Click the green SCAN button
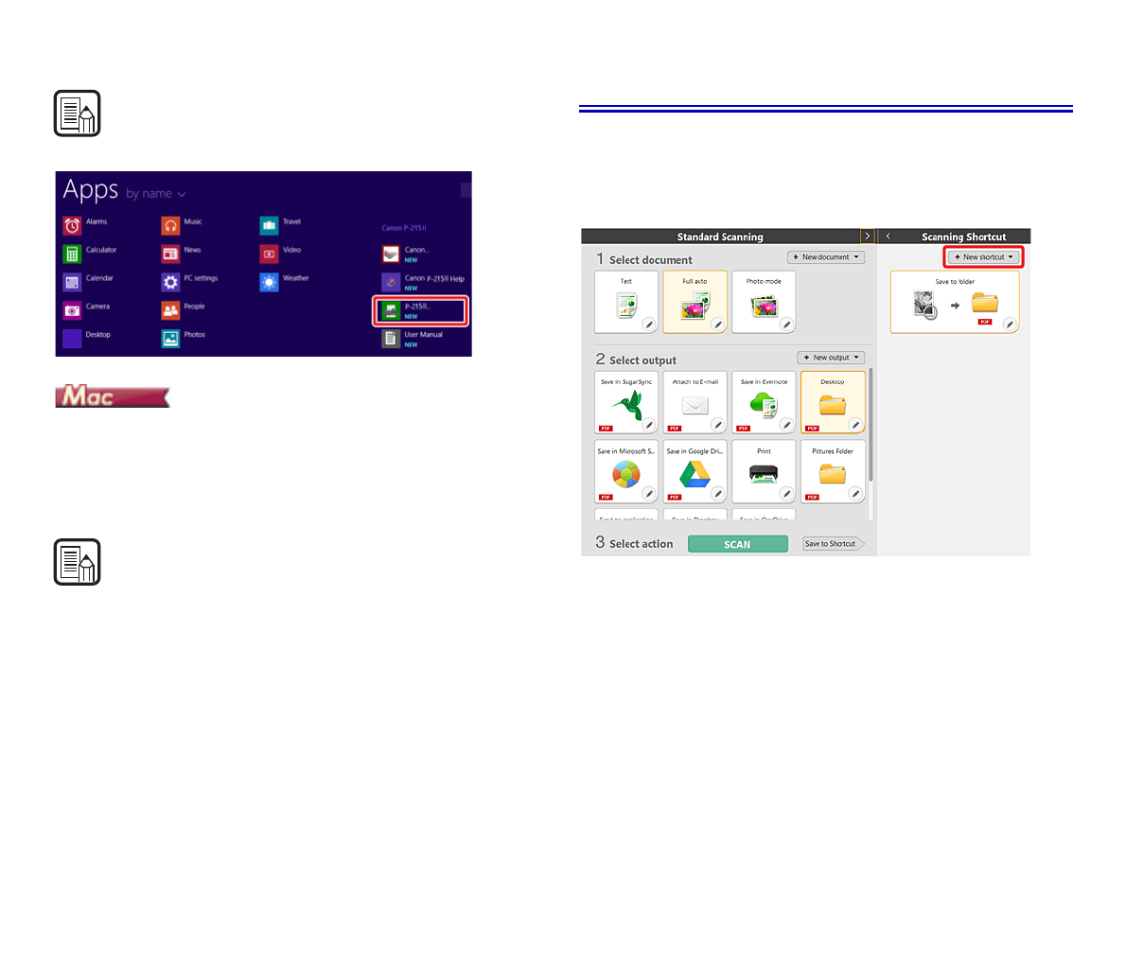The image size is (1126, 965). click(737, 544)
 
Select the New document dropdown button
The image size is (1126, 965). click(826, 257)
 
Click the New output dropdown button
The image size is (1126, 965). click(832, 358)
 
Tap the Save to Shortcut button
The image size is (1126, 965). click(832, 544)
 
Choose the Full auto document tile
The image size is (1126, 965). click(695, 302)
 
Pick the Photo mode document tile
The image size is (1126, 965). click(764, 302)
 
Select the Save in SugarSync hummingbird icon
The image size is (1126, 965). click(625, 406)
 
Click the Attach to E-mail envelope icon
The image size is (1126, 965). click(695, 406)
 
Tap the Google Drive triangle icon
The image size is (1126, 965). click(695, 474)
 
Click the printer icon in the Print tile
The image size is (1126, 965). click(764, 474)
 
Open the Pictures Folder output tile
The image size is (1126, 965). click(833, 471)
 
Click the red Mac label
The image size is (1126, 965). click(112, 396)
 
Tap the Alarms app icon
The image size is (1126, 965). click(73, 225)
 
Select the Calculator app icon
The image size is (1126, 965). click(73, 254)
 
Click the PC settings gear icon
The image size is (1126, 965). click(170, 282)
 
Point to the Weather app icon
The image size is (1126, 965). click(269, 282)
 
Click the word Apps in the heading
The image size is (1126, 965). click(91, 190)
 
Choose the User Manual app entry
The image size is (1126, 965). click(413, 338)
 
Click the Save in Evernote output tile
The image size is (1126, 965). click(764, 403)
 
